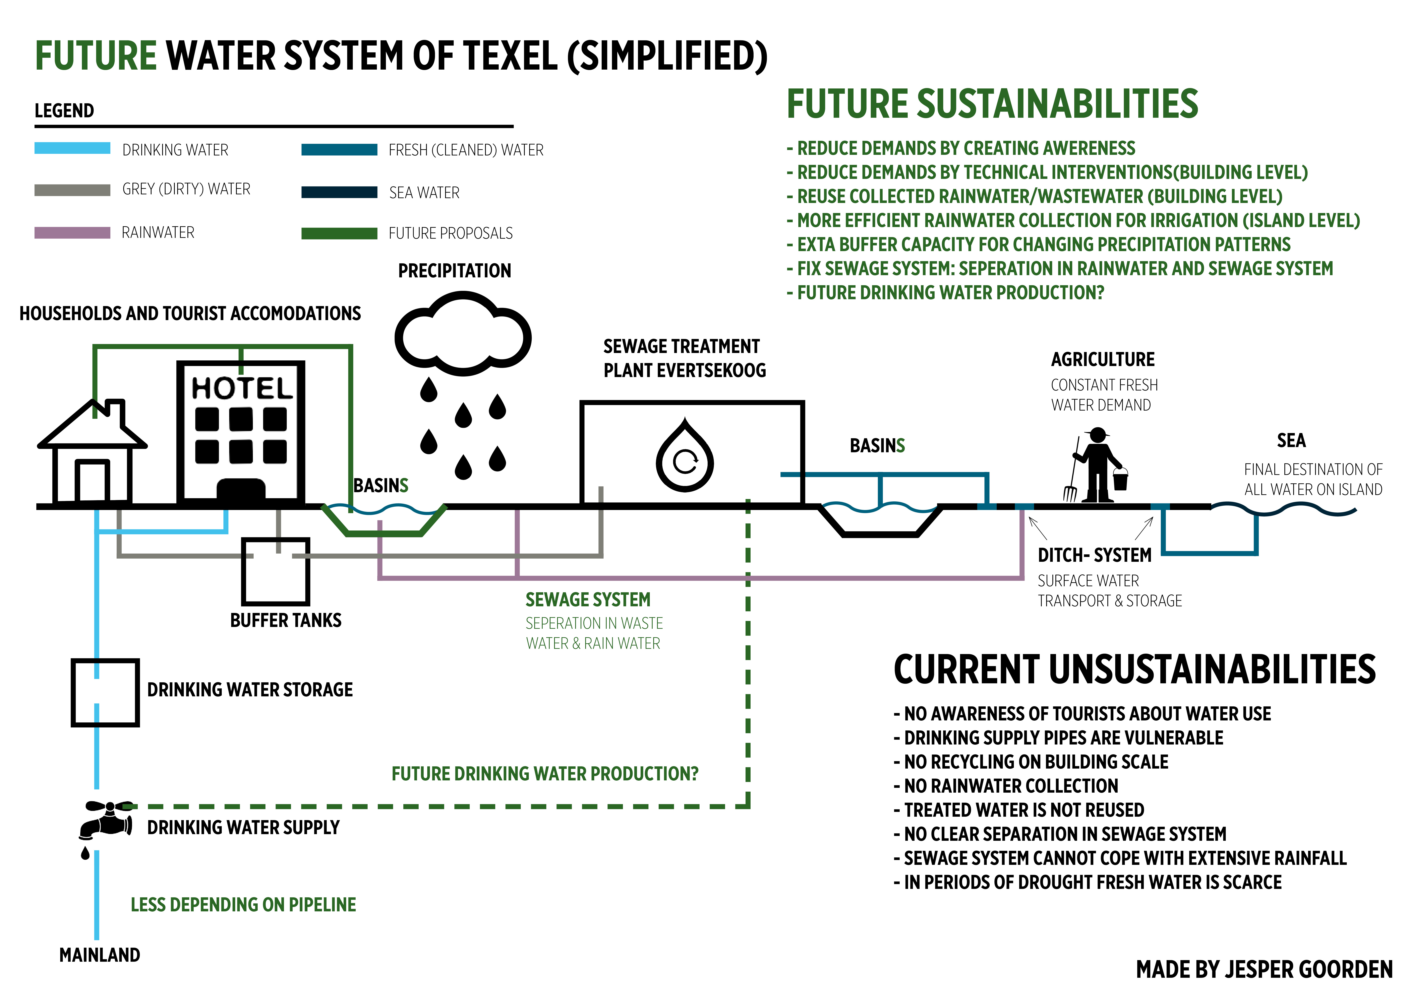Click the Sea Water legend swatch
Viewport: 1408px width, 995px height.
tap(339, 192)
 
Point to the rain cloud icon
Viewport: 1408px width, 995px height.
tap(463, 334)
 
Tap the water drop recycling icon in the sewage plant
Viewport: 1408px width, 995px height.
tap(685, 457)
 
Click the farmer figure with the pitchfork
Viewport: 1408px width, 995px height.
tap(1097, 466)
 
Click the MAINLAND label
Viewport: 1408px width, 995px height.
tap(99, 954)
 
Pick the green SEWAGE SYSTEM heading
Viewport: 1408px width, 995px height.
tap(587, 599)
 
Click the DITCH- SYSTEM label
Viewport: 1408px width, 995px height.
tap(1094, 555)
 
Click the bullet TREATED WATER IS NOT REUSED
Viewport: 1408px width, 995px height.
tap(1023, 810)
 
